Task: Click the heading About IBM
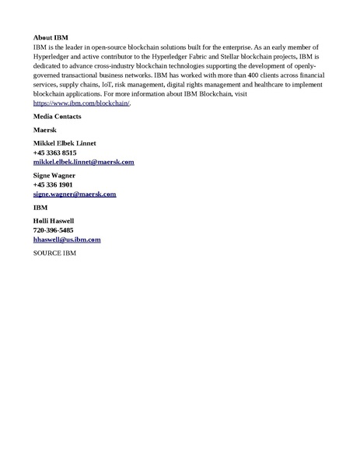(x=51, y=37)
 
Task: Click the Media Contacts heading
(x=58, y=117)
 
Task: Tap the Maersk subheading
(x=45, y=130)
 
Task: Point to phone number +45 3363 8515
(x=55, y=153)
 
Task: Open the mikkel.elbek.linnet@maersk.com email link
(x=83, y=163)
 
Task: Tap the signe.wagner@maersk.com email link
(x=75, y=194)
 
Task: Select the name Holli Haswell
(x=54, y=222)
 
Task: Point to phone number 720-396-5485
(x=54, y=231)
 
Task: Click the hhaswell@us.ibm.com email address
(x=67, y=240)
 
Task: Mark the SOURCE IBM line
(x=54, y=254)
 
